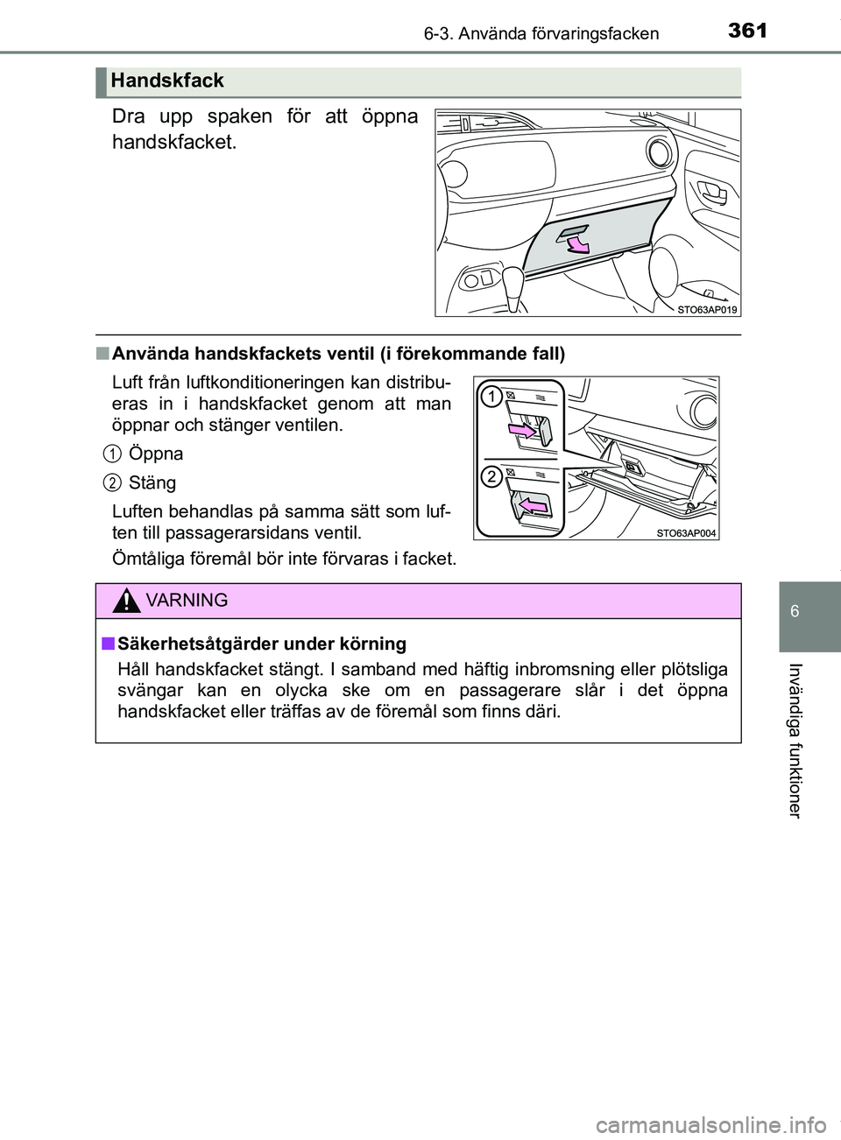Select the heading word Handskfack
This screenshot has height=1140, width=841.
point(168,81)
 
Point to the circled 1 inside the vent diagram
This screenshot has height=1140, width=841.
point(491,398)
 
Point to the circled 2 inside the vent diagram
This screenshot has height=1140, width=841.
point(491,476)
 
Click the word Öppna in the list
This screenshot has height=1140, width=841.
point(156,454)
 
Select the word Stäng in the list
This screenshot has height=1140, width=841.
point(152,482)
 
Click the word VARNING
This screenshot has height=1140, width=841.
point(187,601)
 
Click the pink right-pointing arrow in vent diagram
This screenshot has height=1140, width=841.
point(519,430)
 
